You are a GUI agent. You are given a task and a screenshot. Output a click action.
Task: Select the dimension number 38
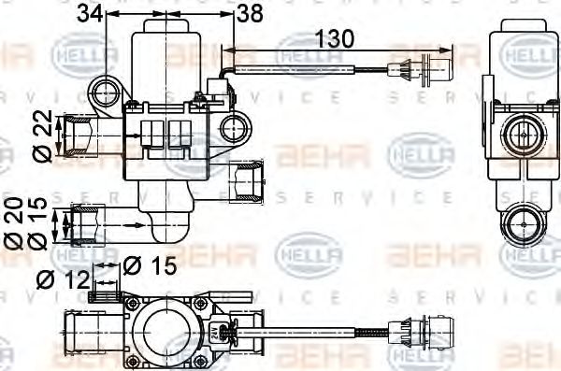pyautogui.click(x=250, y=12)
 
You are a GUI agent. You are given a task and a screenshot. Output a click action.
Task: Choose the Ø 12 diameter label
pyautogui.click(x=62, y=279)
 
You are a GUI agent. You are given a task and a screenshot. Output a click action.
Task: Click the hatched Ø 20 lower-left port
pyautogui.click(x=90, y=223)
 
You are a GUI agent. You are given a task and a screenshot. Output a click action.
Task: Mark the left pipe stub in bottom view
pyautogui.click(x=79, y=328)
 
